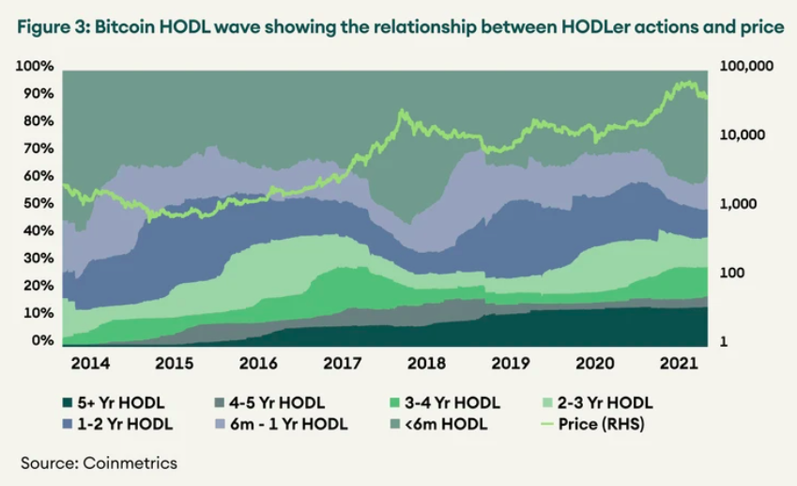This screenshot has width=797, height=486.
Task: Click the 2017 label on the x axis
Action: pos(343,363)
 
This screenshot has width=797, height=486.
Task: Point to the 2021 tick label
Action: pos(680,363)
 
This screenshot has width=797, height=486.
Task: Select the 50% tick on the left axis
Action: pos(39,203)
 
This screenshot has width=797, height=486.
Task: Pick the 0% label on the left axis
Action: pos(43,340)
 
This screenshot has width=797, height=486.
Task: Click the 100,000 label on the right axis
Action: pos(743,66)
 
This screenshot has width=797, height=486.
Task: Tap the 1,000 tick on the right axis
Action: pos(734,204)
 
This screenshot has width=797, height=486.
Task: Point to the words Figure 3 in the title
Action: pos(53,27)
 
